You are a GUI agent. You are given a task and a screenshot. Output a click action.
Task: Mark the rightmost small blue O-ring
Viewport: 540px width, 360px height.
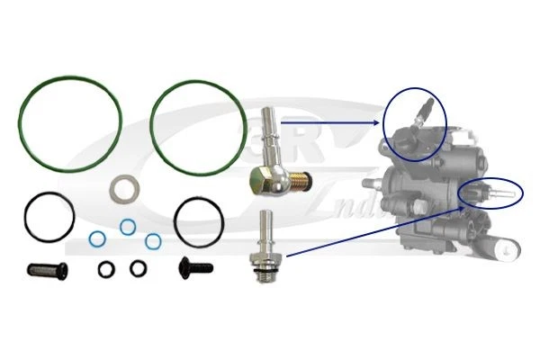tap(154, 240)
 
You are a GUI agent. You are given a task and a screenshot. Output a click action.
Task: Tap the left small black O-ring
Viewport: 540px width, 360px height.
tap(106, 267)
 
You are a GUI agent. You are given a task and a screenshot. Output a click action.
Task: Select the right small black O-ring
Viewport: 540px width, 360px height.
tap(138, 267)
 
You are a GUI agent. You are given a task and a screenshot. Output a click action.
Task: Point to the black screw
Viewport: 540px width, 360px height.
tap(193, 266)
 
